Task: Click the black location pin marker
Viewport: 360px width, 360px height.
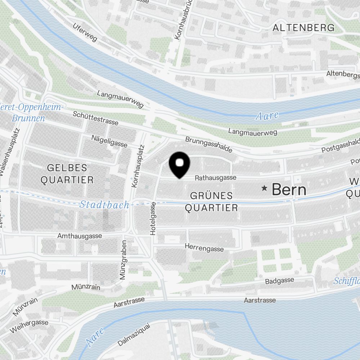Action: click(x=179, y=164)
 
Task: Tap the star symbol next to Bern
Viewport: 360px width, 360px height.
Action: click(x=265, y=188)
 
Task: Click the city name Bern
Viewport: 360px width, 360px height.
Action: click(x=289, y=189)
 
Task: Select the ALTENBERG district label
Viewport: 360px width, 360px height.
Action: click(x=303, y=27)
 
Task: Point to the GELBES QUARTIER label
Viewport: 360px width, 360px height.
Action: click(x=67, y=174)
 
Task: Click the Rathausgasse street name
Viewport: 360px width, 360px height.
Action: click(x=216, y=177)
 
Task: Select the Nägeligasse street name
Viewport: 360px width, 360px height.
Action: click(x=109, y=141)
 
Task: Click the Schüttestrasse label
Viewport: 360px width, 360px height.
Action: click(x=95, y=118)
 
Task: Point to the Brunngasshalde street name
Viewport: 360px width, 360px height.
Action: click(x=209, y=144)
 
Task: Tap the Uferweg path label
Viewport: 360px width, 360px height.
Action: click(x=85, y=32)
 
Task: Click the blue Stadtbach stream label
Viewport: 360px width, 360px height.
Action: click(x=104, y=205)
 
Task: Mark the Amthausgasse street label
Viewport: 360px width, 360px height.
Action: click(x=80, y=236)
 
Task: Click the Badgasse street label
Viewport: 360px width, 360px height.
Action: click(x=279, y=281)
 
